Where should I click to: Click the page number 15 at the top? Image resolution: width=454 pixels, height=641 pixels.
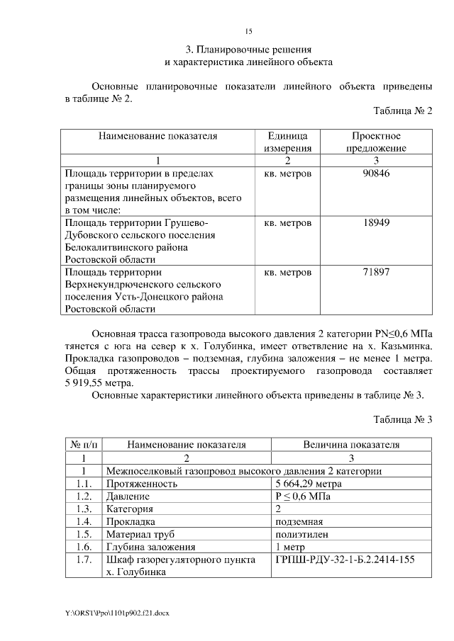point(248,31)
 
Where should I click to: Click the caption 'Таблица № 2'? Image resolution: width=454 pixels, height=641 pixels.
point(402,111)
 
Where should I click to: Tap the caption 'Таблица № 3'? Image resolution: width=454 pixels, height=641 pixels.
point(402,419)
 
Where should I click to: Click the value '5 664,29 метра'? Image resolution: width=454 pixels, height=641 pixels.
point(308,484)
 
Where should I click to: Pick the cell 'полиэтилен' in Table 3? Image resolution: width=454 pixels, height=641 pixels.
point(301,534)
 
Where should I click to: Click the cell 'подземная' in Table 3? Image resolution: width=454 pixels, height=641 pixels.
point(299,521)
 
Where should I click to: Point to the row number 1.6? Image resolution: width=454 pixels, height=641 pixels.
point(84,547)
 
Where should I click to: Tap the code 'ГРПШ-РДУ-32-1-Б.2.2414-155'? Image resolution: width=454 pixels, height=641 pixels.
point(344,560)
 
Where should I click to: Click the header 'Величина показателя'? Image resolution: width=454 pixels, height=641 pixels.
point(351,445)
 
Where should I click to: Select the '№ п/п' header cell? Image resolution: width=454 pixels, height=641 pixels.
point(84,445)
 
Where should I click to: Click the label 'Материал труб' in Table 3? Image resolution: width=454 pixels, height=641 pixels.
point(140,534)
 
